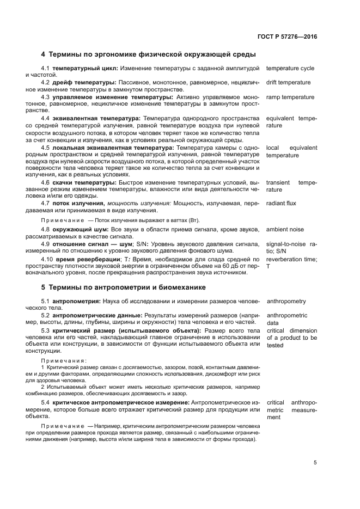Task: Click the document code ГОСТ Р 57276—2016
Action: (x=288, y=37)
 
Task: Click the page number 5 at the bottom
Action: (x=315, y=463)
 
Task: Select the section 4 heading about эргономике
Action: (x=149, y=54)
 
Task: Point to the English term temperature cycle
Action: (x=290, y=69)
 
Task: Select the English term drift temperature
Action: (x=288, y=83)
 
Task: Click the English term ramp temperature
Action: (x=290, y=97)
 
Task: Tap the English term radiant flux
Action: (x=281, y=203)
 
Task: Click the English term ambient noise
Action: (x=285, y=230)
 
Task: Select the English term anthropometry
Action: (x=286, y=302)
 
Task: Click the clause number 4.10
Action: (x=47, y=259)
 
